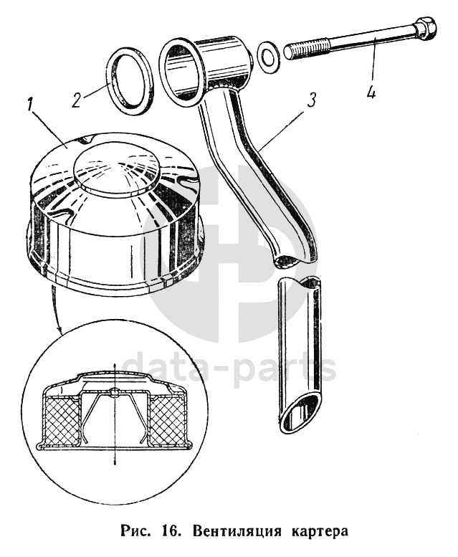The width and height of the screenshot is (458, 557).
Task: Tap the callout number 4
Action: coord(371,93)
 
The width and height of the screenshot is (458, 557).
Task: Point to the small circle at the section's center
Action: coord(115,391)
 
